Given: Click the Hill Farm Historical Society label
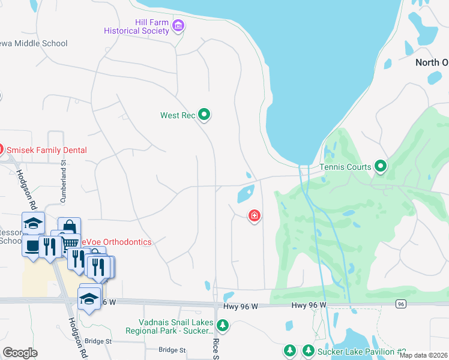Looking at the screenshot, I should point(136,26).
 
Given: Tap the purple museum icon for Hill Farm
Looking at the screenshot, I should point(178,25).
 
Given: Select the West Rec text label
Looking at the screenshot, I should point(178,115).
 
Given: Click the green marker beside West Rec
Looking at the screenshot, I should point(204,114).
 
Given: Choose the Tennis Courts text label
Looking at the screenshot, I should point(345,167).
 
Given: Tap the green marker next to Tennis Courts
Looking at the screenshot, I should point(380,166).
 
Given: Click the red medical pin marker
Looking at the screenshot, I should point(255,215).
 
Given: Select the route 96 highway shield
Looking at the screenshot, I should point(400,305).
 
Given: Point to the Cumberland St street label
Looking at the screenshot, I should point(62,176).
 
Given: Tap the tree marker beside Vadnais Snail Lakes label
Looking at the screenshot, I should point(223,326).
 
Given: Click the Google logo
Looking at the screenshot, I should point(20,352).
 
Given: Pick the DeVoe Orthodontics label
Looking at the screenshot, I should point(117,242).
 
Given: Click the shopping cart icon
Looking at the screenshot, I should point(71,241).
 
